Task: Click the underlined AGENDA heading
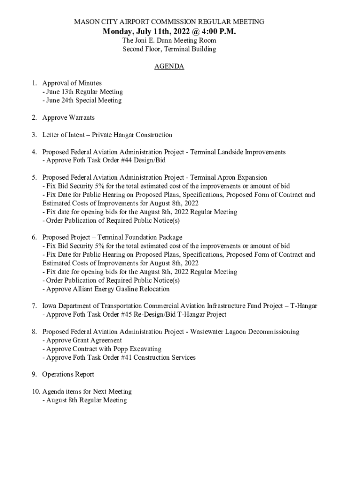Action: pos(169,66)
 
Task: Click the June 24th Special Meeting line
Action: pos(82,100)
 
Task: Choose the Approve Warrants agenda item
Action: pos(68,117)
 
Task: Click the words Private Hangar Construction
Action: pos(132,135)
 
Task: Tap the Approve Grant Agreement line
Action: pos(82,340)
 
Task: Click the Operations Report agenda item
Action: pos(68,374)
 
